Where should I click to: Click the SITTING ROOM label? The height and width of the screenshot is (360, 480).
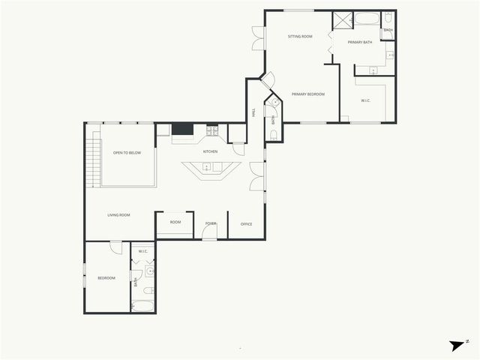300,36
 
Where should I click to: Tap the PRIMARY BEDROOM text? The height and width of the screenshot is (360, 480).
307,94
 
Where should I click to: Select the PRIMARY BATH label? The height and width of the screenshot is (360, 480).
359,42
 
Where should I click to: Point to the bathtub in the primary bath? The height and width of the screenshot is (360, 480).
367,19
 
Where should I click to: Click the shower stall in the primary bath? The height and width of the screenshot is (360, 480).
342,19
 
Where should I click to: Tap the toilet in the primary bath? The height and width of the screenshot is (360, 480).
387,19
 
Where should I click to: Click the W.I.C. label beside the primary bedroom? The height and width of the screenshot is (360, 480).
365,100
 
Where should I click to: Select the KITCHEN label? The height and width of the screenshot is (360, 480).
210,151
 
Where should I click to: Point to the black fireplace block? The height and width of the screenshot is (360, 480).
182,130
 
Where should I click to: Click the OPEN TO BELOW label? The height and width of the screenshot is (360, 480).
127,152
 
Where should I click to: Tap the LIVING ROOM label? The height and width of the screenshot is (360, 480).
118,215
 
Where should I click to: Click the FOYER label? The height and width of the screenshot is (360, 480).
211,223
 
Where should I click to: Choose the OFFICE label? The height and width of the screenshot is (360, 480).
245,223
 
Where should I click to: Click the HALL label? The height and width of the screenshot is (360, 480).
253,112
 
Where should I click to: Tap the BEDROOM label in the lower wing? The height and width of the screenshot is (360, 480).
106,278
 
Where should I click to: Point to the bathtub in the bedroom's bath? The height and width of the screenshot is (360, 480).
142,305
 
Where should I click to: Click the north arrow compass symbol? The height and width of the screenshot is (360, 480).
457,344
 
